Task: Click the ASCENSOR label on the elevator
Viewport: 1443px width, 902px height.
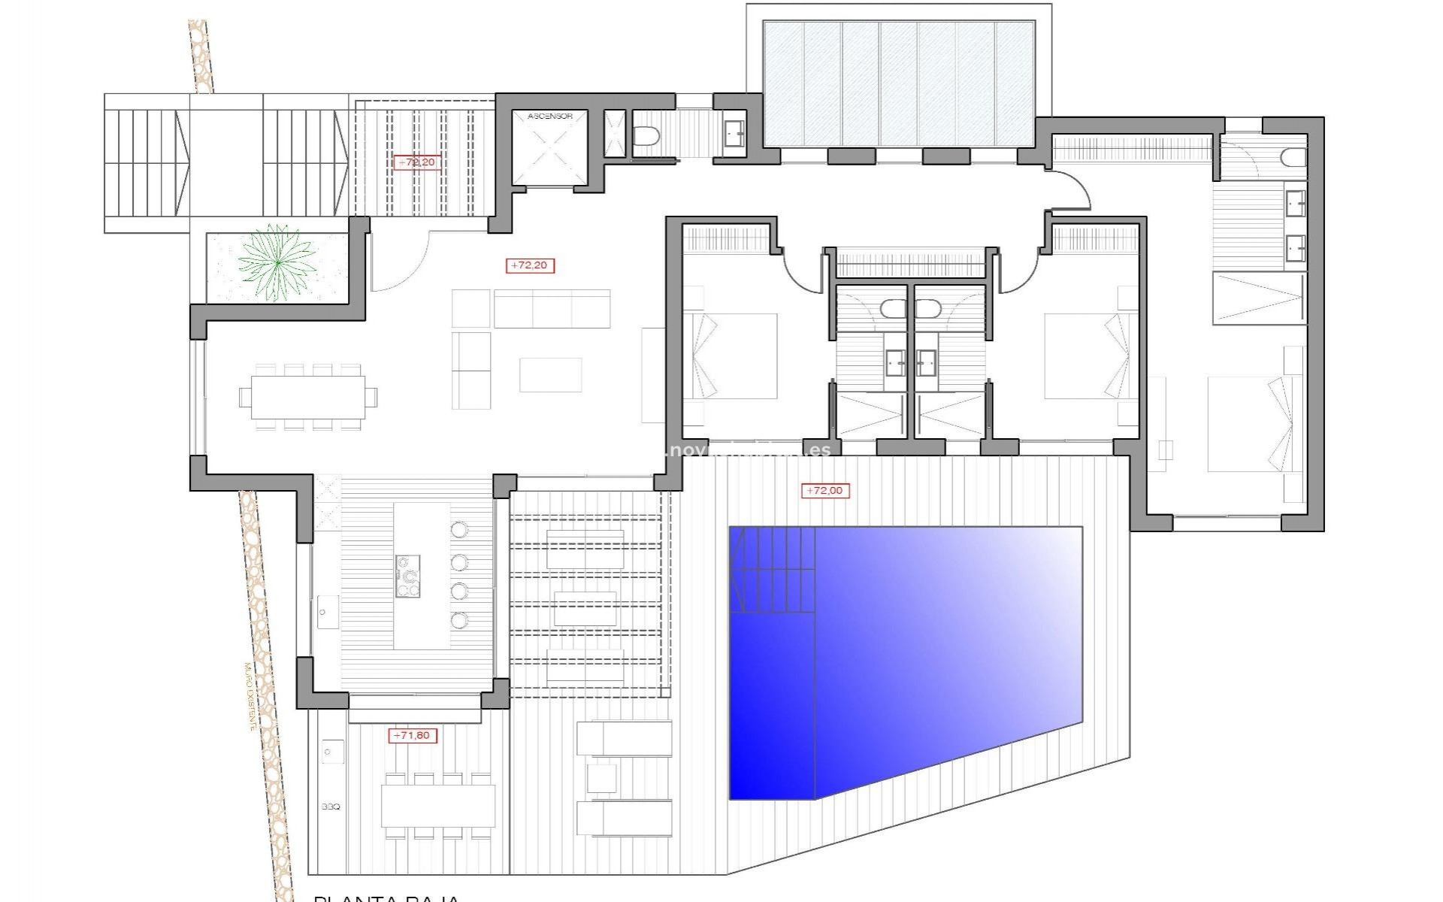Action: point(549,117)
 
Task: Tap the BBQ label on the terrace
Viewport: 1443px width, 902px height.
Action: point(331,807)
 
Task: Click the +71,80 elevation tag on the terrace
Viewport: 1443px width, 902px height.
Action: point(413,735)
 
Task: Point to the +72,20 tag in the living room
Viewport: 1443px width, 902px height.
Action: point(531,265)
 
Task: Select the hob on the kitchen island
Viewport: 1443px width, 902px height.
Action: point(407,577)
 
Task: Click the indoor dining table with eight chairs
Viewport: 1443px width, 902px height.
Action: point(307,396)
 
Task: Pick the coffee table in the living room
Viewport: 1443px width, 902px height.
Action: point(550,374)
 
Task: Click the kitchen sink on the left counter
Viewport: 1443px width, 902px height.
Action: point(328,612)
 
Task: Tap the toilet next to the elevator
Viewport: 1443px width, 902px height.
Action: point(646,136)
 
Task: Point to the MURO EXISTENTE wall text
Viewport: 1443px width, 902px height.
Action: point(249,697)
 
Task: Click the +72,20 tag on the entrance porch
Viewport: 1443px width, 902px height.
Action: point(416,162)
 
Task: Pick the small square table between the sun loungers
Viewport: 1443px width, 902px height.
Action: point(601,777)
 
